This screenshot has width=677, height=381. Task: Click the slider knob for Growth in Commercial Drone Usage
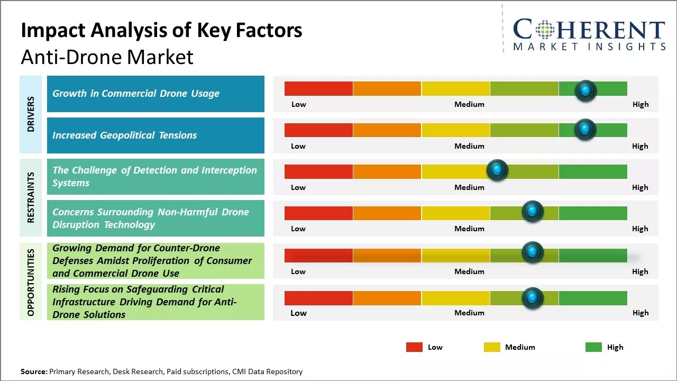point(585,90)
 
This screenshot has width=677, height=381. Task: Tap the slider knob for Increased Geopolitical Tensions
point(585,130)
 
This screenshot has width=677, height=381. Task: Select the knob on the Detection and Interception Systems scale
point(497,170)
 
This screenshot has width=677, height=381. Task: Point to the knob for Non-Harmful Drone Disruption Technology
point(532,211)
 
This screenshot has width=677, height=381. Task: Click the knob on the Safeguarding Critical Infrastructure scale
point(532,298)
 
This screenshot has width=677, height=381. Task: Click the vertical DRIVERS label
point(31,114)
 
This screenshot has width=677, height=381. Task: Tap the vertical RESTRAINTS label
point(31,197)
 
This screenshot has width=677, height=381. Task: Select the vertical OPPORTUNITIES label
point(31,282)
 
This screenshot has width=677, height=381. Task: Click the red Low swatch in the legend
point(414,347)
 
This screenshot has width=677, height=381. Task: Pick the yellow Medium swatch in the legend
point(492,347)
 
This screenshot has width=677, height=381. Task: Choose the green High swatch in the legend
point(593,347)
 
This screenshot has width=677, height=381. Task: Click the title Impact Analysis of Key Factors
point(161,31)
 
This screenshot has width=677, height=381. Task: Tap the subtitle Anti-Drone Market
point(107,57)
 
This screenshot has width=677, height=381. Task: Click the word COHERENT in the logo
point(589,30)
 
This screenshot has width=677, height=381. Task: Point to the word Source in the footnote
point(33,371)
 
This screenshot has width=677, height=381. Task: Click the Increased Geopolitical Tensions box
point(155,135)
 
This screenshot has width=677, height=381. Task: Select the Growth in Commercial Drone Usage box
point(155,94)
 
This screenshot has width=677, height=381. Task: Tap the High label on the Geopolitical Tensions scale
point(640,146)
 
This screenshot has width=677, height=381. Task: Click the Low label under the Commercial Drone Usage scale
point(299,104)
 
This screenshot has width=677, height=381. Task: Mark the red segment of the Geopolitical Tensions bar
point(318,130)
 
